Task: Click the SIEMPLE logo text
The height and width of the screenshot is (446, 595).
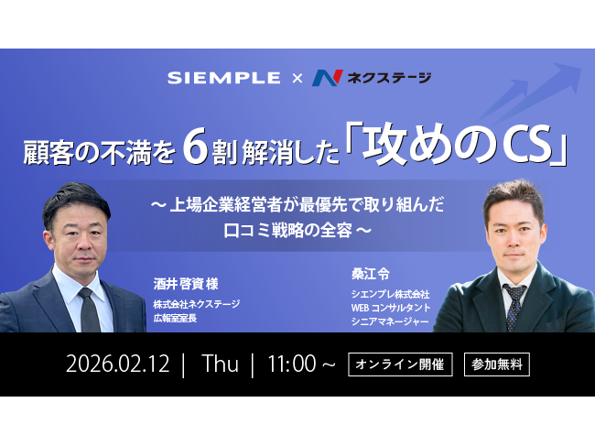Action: pyautogui.click(x=223, y=78)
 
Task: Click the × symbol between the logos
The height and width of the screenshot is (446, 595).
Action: pyautogui.click(x=296, y=79)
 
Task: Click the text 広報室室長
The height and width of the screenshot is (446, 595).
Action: pyautogui.click(x=178, y=319)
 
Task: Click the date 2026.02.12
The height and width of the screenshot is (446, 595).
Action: pyautogui.click(x=118, y=364)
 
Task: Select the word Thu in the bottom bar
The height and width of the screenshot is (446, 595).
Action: pyautogui.click(x=221, y=364)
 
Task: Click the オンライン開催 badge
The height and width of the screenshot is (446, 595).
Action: pyautogui.click(x=401, y=364)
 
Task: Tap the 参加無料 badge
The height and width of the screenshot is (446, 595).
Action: pyautogui.click(x=496, y=364)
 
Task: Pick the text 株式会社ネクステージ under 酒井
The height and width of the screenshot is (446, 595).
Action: pyautogui.click(x=196, y=305)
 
